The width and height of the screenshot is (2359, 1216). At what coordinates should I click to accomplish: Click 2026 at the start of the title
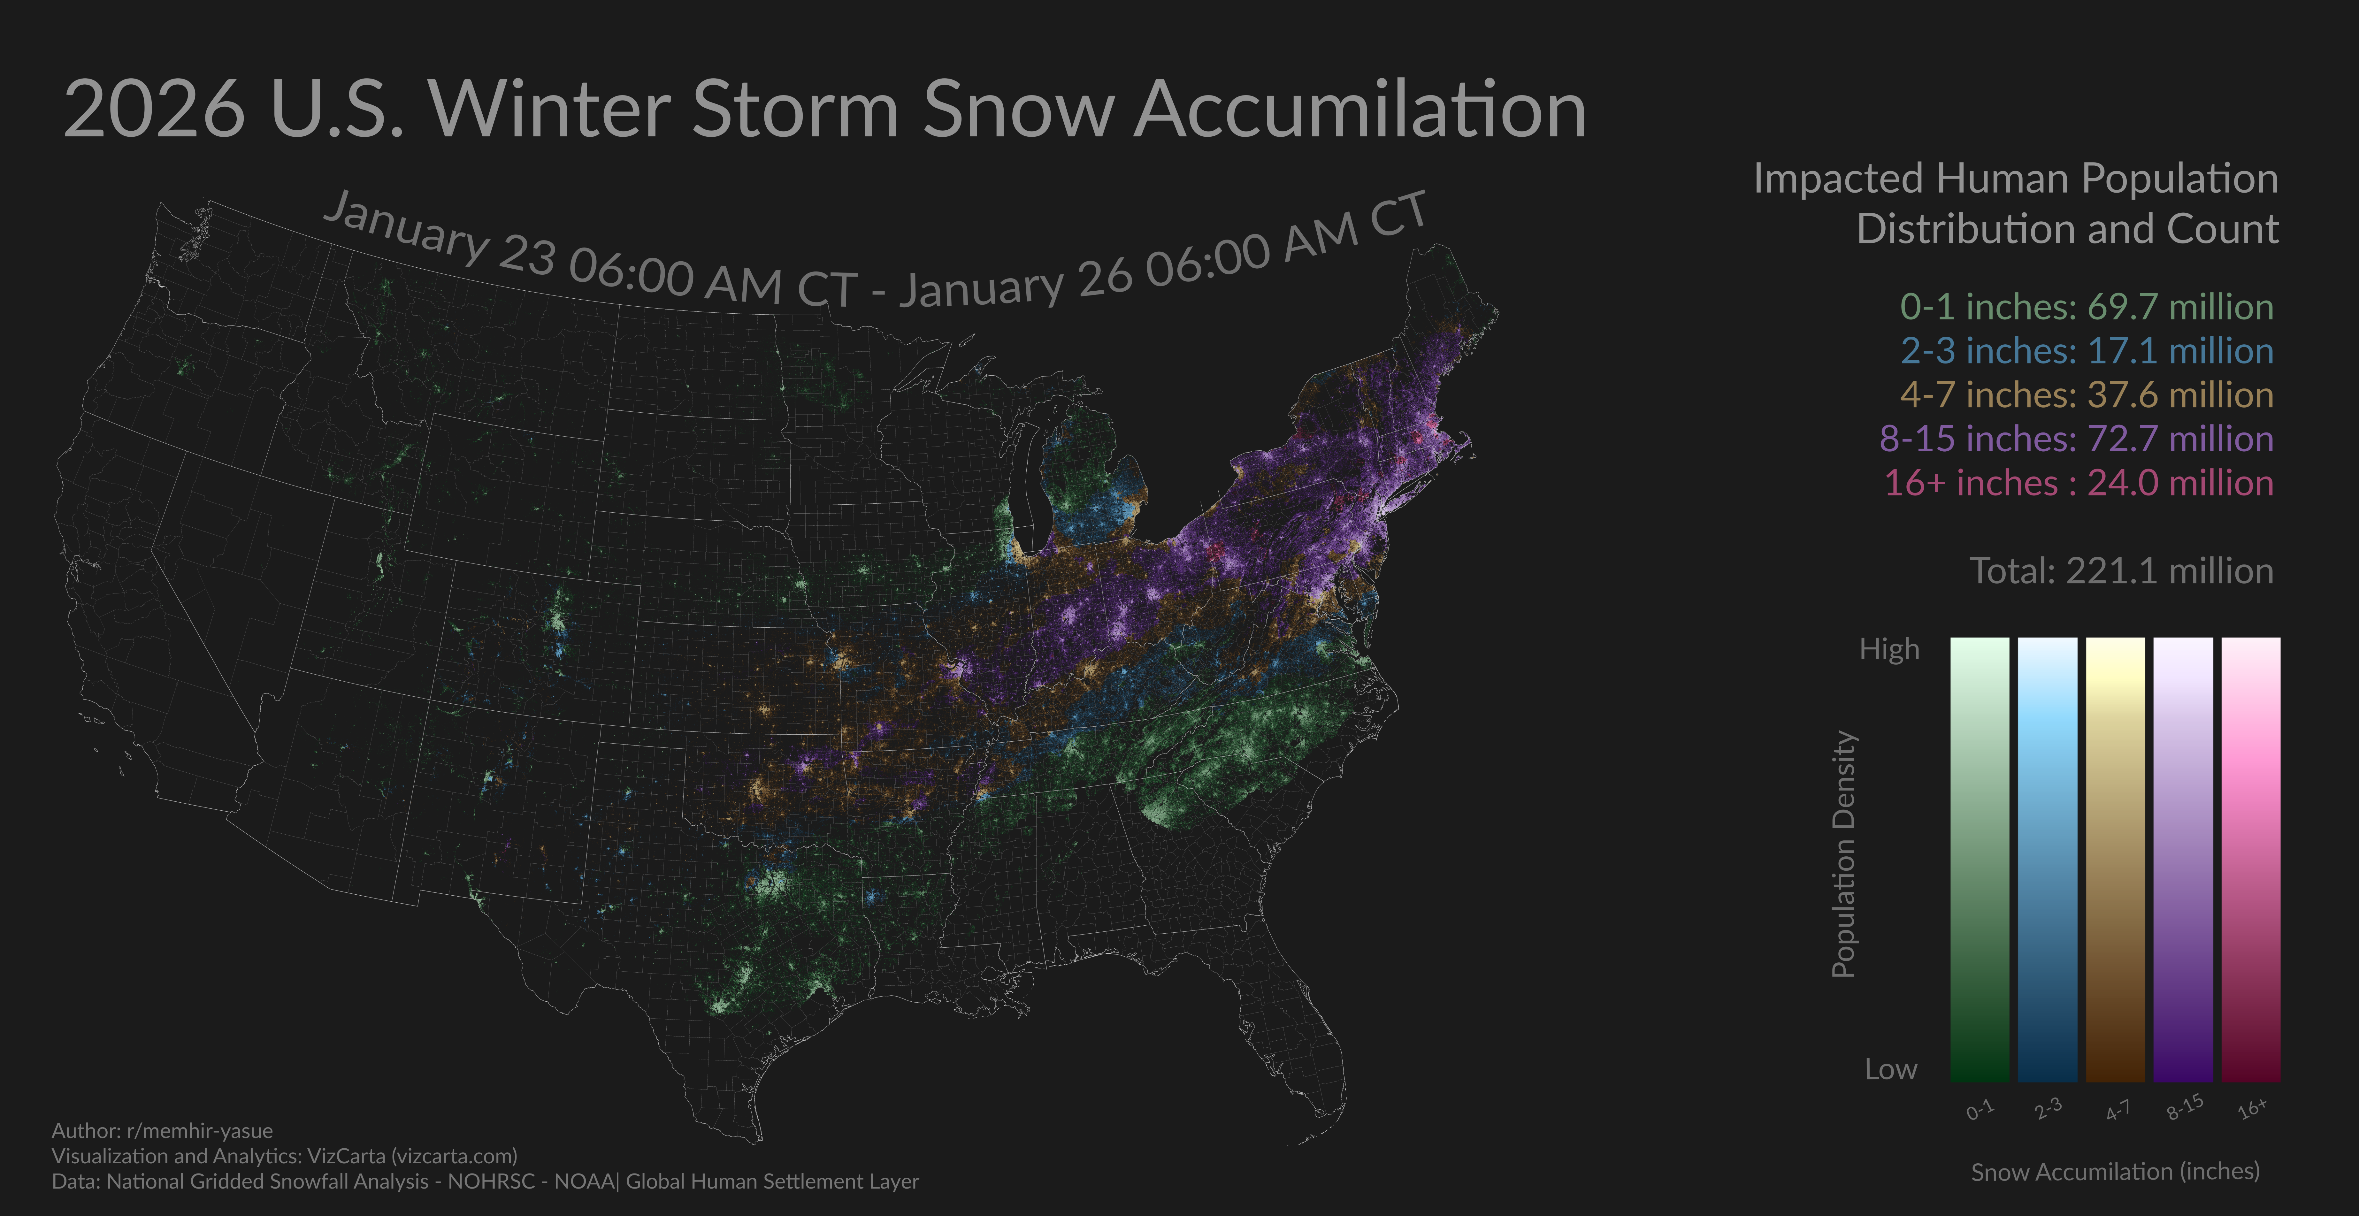coord(154,110)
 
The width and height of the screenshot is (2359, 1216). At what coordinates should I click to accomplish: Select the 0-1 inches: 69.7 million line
coord(2086,307)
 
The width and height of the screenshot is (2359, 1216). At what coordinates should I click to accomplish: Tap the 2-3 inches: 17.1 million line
coord(2086,351)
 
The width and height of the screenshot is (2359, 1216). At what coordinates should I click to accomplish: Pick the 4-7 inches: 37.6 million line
coord(2086,395)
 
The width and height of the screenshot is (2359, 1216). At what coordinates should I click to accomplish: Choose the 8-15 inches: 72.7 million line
coord(2076,439)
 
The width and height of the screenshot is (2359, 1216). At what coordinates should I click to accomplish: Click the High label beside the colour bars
coord(1888,649)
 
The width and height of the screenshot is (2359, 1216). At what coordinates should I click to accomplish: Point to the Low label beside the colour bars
coord(1890,1069)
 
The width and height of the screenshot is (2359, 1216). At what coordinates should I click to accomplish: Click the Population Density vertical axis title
coord(1843,854)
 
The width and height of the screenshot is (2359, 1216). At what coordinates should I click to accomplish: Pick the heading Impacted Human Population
coord(2015,179)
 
